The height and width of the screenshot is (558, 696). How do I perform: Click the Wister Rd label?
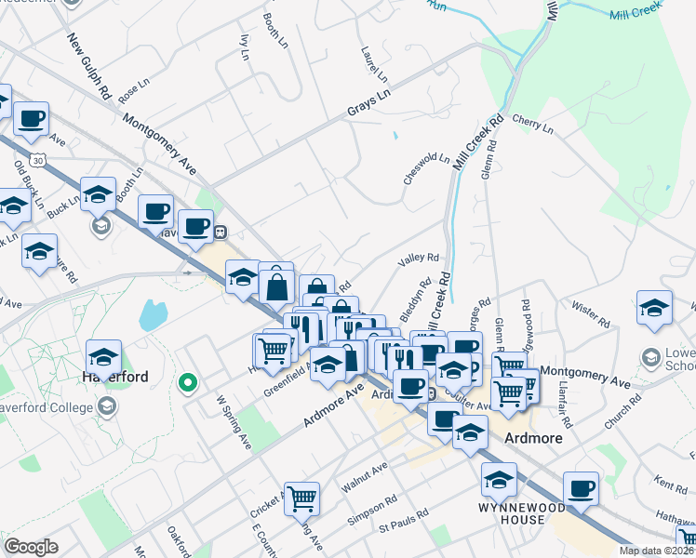(x=591, y=313)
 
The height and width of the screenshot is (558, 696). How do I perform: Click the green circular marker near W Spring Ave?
(x=187, y=381)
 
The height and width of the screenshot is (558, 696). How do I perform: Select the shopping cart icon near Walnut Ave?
(x=301, y=498)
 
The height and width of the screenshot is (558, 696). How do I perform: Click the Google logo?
(x=31, y=547)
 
